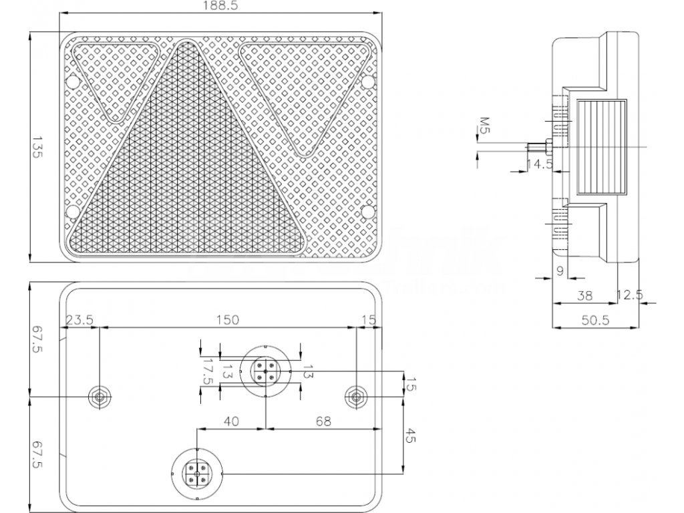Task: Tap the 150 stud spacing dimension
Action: tap(227, 320)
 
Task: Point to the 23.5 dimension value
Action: tap(79, 320)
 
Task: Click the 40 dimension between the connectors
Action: tap(231, 421)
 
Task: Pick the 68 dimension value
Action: tap(323, 421)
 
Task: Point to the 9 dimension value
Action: tap(560, 270)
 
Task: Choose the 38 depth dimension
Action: tap(584, 294)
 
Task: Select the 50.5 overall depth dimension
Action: tap(595, 320)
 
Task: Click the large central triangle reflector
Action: tap(190, 174)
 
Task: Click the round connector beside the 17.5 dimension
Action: tap(265, 371)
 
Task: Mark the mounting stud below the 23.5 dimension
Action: tap(100, 397)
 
